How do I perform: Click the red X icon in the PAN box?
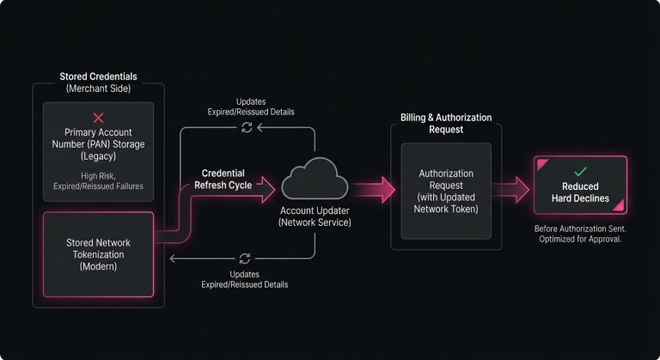tap(98, 118)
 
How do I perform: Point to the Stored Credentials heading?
tap(97, 76)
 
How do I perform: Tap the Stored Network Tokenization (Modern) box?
tap(98, 254)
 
